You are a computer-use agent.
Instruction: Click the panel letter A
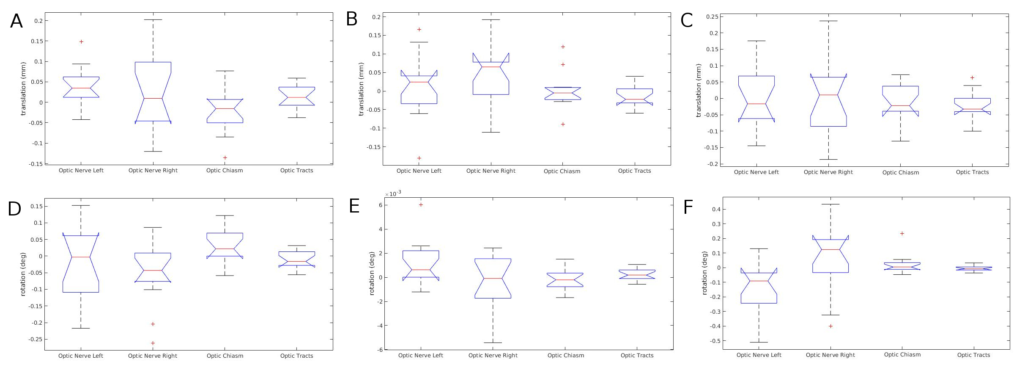click(x=16, y=21)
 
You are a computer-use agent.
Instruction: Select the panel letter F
click(x=688, y=207)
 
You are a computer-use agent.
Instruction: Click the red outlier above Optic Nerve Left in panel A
click(x=81, y=41)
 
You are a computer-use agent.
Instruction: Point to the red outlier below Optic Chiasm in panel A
click(x=225, y=157)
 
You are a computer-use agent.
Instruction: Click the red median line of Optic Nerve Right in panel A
click(x=153, y=98)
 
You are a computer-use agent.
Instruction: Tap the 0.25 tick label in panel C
click(x=711, y=17)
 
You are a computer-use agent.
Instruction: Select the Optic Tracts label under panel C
click(x=972, y=172)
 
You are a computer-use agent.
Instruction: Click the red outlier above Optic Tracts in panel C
click(x=972, y=77)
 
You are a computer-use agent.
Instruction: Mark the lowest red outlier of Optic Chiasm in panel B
click(x=563, y=124)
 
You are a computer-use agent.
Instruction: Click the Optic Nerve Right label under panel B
click(x=491, y=171)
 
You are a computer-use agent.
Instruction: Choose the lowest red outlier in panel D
click(x=153, y=343)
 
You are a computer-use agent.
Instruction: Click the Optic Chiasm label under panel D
click(x=225, y=356)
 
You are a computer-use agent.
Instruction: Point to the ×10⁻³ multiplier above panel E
click(x=393, y=193)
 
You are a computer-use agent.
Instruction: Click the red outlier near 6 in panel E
click(x=421, y=204)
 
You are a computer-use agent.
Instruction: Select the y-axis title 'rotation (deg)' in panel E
click(x=372, y=273)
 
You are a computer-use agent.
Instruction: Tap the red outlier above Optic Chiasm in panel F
click(x=902, y=233)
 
